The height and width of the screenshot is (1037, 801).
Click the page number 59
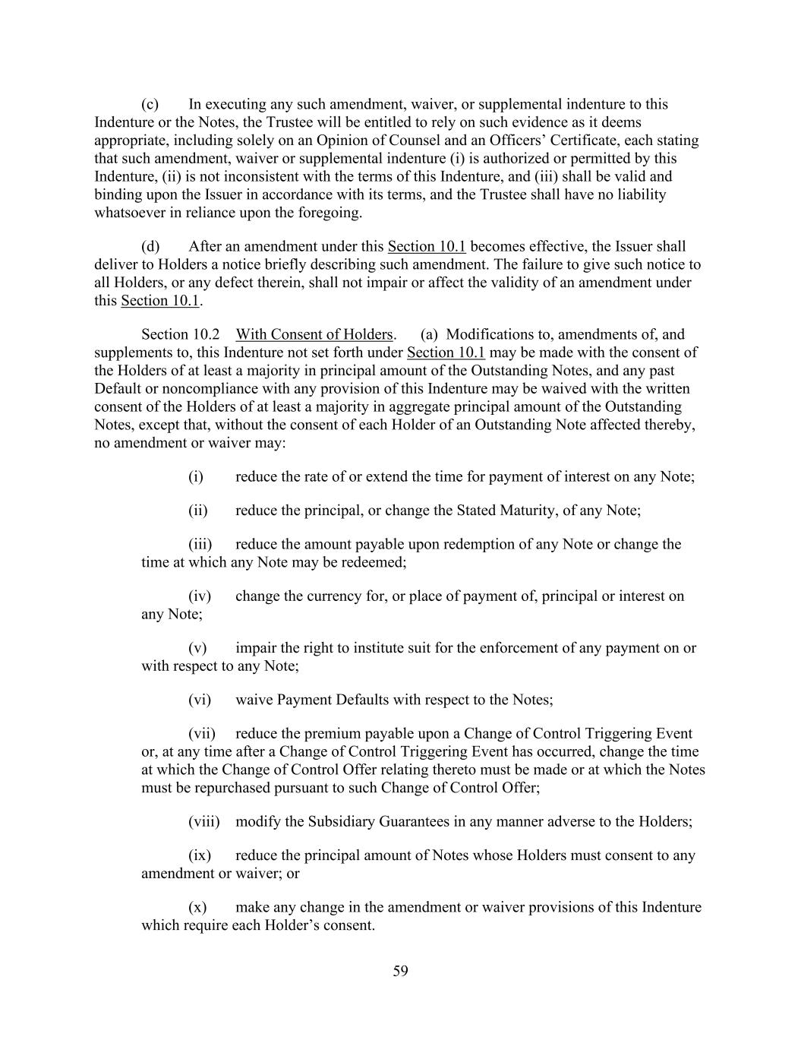coord(401,971)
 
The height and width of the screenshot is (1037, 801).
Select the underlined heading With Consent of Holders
coord(314,334)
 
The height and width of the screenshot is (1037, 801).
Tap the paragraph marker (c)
coord(150,104)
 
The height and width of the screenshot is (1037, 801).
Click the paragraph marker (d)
coord(150,246)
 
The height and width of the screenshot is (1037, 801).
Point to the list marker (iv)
coord(199,596)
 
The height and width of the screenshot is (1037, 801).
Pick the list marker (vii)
coord(201,733)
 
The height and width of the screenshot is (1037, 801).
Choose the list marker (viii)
coord(203,821)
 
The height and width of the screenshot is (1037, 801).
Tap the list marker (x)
coord(197,907)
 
